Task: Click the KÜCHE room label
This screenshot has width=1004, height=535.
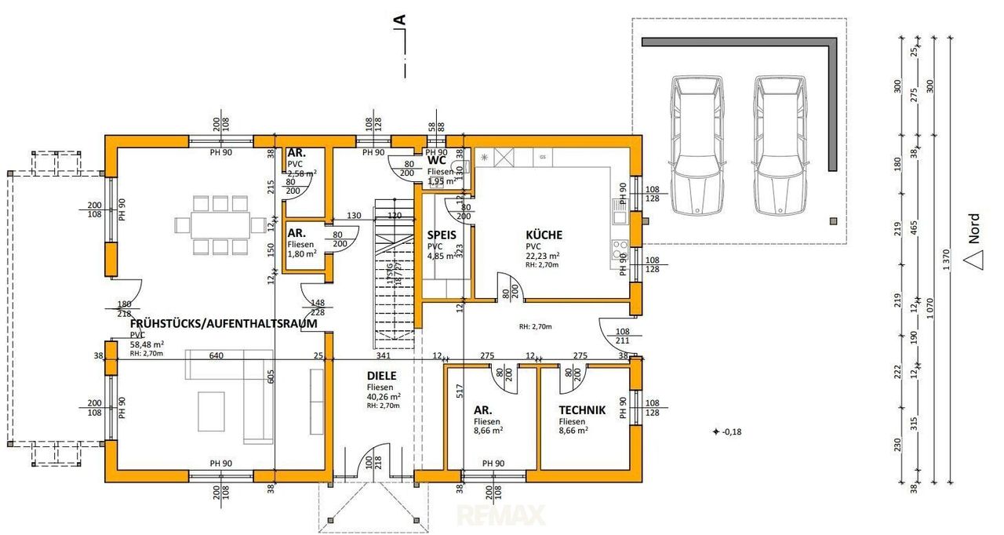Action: (544, 235)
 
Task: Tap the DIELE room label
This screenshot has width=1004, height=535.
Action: (380, 376)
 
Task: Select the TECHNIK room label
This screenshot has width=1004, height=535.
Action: (581, 409)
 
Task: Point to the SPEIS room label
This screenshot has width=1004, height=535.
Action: (442, 235)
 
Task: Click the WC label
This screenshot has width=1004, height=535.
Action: (437, 161)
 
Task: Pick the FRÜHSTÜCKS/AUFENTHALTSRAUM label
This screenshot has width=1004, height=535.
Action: (223, 323)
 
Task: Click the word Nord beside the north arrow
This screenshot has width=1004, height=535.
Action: (973, 229)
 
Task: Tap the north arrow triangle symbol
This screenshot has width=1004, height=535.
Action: (973, 258)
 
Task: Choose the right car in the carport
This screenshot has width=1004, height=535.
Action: (779, 145)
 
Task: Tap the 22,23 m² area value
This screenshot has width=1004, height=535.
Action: (542, 256)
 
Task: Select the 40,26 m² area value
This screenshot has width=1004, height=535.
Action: (384, 396)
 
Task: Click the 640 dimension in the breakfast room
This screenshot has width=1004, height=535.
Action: (216, 355)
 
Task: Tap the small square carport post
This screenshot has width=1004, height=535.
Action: (832, 220)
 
